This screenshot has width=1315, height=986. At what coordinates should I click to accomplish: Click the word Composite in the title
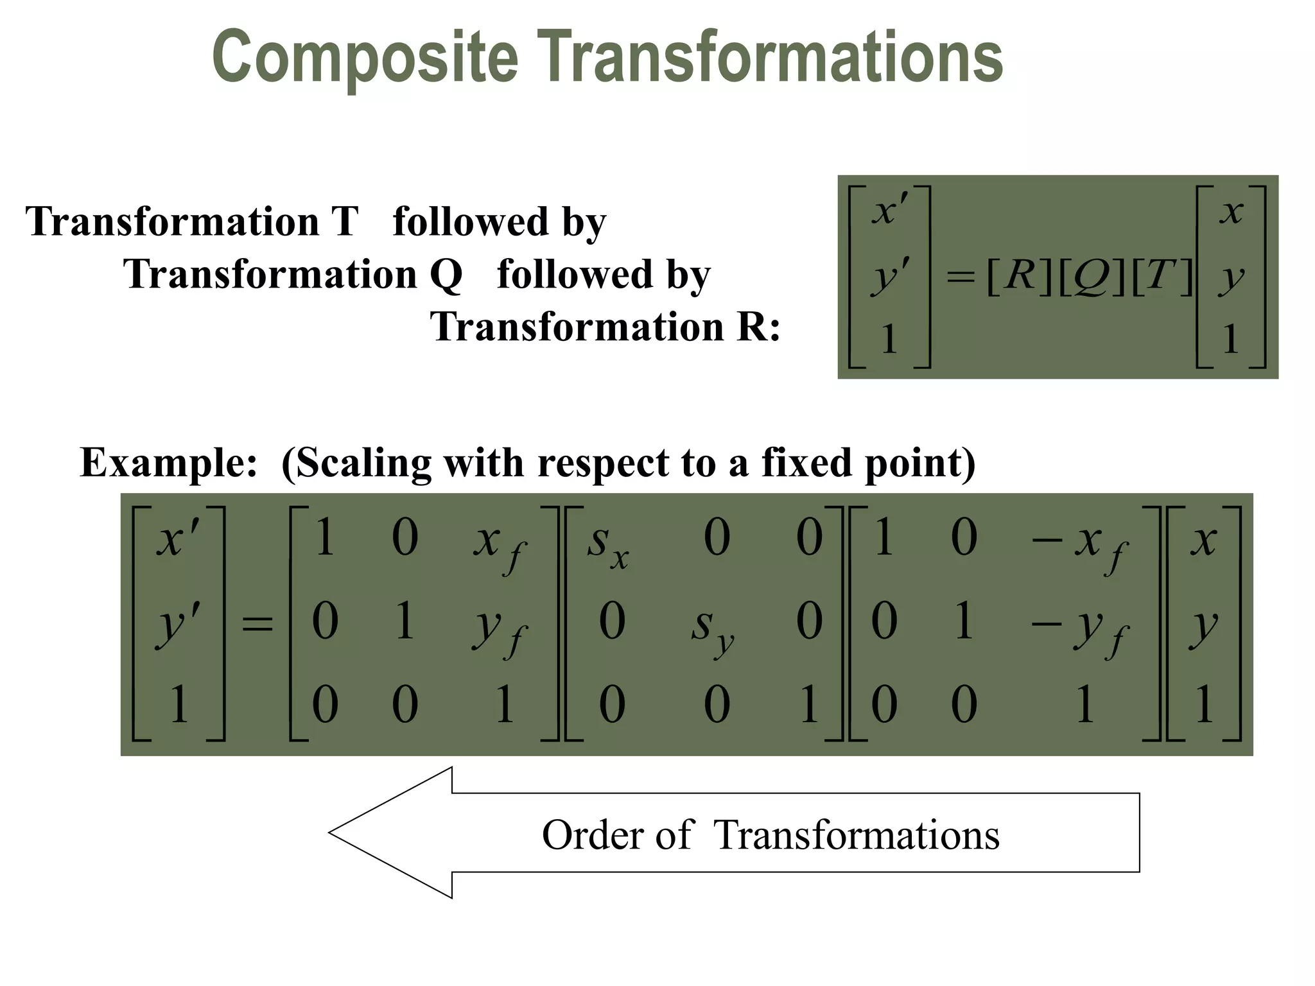coord(365,58)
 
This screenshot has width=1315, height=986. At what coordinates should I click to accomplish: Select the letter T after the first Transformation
coord(345,221)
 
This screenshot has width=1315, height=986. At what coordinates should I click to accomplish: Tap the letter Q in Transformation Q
coord(446,275)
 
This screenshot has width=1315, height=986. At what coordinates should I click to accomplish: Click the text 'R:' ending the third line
coord(758,327)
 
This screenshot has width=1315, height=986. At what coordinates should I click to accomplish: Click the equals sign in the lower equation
coord(257,623)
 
